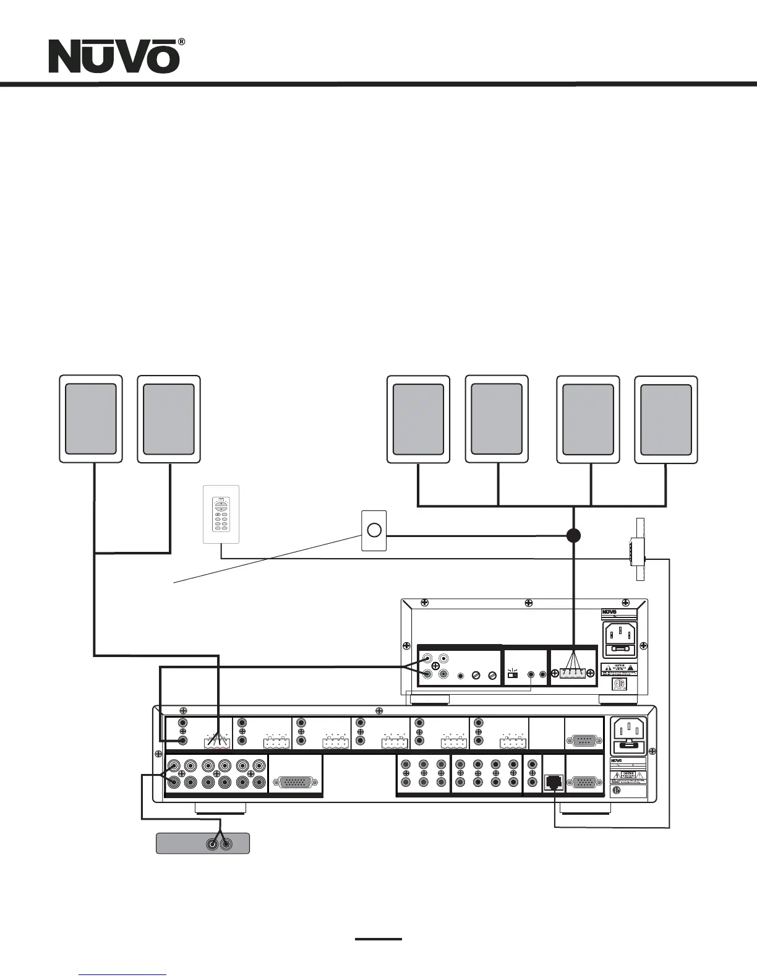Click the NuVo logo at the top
pyautogui.click(x=114, y=57)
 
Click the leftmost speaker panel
pyautogui.click(x=90, y=419)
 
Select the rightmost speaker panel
pyautogui.click(x=666, y=419)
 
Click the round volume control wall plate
pyautogui.click(x=374, y=530)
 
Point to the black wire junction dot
pyautogui.click(x=573, y=535)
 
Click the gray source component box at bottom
pyautogui.click(x=202, y=843)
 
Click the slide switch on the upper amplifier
pyautogui.click(x=513, y=675)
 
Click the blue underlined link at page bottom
pyautogui.click(x=123, y=974)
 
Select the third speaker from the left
pyautogui.click(x=418, y=419)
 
